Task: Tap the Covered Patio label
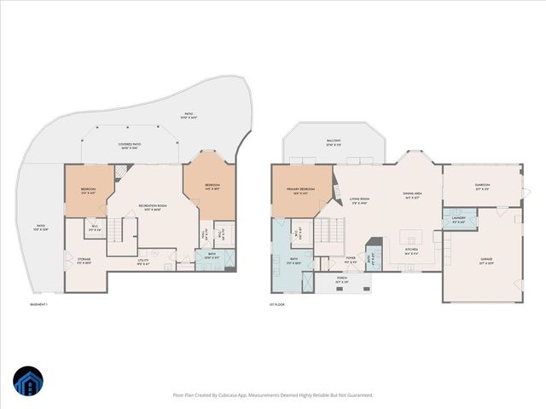pos(130,145)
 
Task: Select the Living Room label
pos(358,201)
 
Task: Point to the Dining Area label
pos(414,193)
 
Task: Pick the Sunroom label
pos(482,188)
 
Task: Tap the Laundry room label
pos(457,221)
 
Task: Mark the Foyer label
pos(351,260)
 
